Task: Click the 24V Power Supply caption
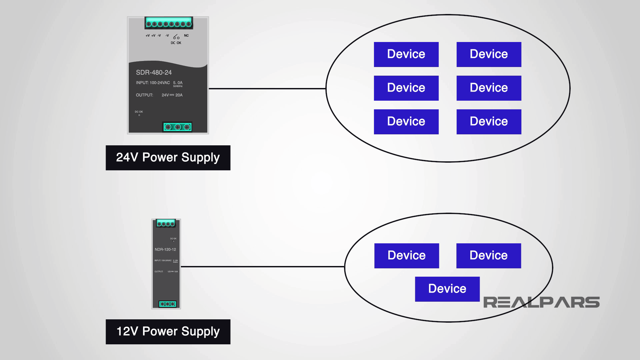click(x=168, y=158)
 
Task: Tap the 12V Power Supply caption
click(x=168, y=332)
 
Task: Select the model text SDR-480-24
click(x=154, y=72)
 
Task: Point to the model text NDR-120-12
click(x=165, y=249)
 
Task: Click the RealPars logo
click(x=541, y=302)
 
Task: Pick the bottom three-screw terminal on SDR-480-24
click(x=177, y=127)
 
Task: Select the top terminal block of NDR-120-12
click(x=166, y=224)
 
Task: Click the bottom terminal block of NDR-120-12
click(x=167, y=304)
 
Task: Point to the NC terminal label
click(x=186, y=36)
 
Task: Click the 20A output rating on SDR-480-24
click(x=179, y=95)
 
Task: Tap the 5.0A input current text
click(x=178, y=83)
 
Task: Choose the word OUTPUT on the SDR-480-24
click(x=144, y=95)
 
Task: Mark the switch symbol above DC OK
click(x=176, y=37)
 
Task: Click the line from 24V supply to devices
click(x=267, y=89)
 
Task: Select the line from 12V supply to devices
click(x=262, y=267)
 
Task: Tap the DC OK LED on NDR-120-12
click(x=173, y=241)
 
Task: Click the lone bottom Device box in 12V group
click(x=447, y=289)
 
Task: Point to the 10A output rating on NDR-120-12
click(x=176, y=272)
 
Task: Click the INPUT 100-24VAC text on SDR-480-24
click(x=153, y=83)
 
